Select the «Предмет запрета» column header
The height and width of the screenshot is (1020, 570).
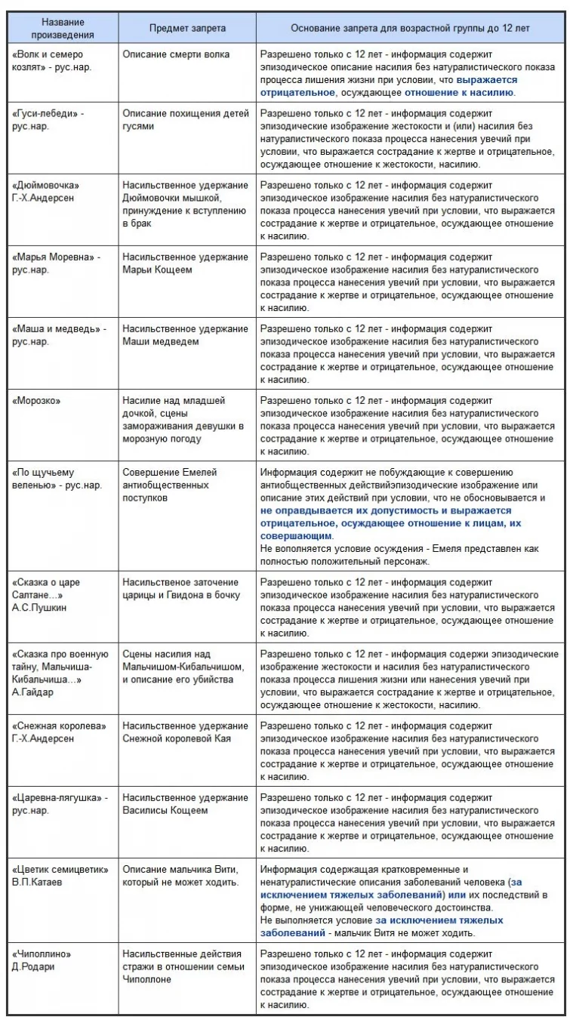186,28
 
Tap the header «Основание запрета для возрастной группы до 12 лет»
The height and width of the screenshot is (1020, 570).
410,28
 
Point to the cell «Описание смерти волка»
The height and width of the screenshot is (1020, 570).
176,54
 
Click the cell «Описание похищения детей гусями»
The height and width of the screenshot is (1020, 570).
185,119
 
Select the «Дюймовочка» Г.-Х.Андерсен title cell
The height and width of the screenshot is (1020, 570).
46,191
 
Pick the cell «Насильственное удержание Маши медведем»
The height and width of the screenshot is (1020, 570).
185,334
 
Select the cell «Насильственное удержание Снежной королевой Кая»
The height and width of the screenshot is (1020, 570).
185,732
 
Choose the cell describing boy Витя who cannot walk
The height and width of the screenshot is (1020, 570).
180,875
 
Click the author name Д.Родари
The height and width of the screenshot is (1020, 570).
33,966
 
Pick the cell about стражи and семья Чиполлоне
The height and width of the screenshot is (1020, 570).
183,966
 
